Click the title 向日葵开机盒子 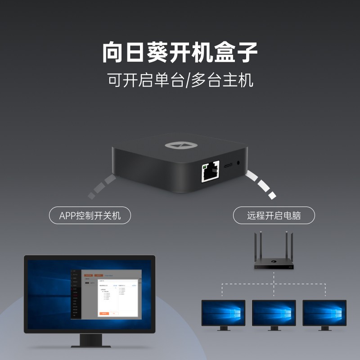pyautogui.click(x=180, y=53)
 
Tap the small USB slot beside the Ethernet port pyautogui.click(x=228, y=166)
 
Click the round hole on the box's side pyautogui.click(x=238, y=165)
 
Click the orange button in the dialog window pyautogui.click(x=104, y=313)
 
